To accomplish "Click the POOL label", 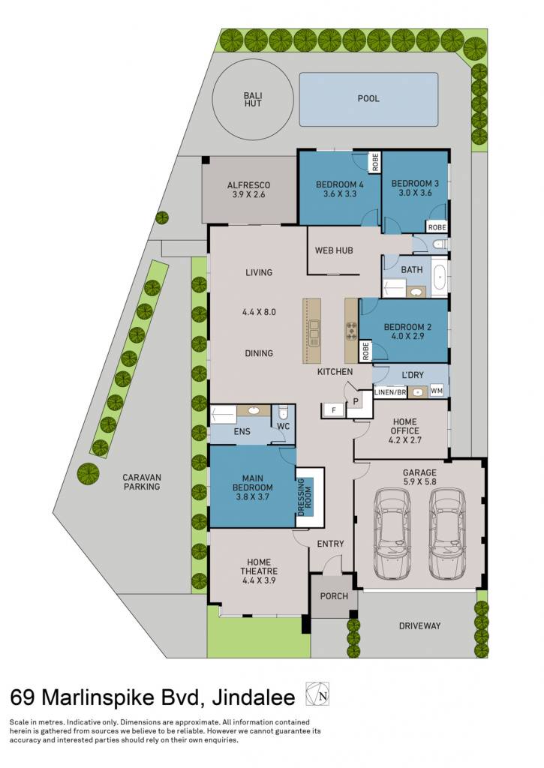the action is coord(368,98).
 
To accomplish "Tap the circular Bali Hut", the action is coord(253,100).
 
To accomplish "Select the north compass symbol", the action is coord(317,694).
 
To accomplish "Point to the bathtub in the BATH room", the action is coord(440,277).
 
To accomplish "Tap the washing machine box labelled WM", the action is coord(436,391).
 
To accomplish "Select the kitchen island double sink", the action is coord(313,331).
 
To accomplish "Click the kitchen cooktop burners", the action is coord(352,331).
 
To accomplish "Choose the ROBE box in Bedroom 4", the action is coord(375,162).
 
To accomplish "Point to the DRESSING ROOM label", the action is coord(305,496).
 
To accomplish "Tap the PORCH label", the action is coord(334,596).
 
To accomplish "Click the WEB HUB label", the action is coord(334,250).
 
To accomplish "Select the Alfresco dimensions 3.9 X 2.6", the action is coord(248,194).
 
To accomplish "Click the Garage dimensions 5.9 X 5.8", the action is coord(419,481).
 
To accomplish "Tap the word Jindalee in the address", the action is coord(254,697).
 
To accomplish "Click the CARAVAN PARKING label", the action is coord(142,482).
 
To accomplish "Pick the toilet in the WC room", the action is coord(283,413).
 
